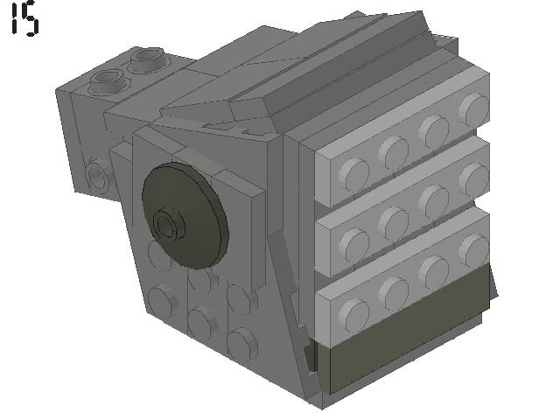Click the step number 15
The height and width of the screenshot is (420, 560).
[x=24, y=20]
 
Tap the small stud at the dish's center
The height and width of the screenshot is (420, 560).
[x=166, y=225]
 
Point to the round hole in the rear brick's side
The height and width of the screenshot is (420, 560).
[x=96, y=178]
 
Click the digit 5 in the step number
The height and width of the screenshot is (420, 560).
[x=31, y=20]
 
